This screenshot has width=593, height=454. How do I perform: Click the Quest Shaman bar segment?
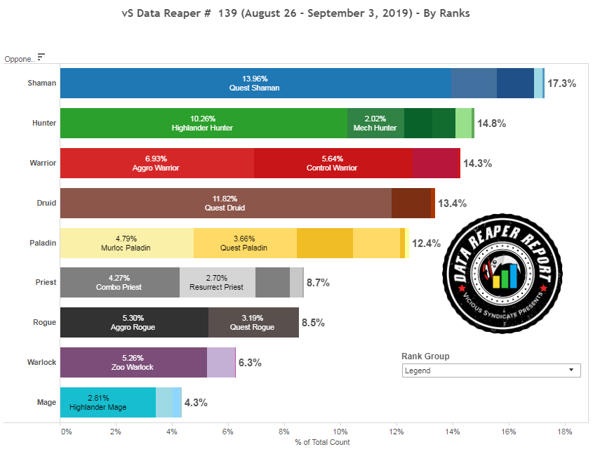[x=255, y=83]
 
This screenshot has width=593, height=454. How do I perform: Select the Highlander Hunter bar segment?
[x=203, y=123]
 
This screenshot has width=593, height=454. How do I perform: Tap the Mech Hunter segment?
[x=375, y=123]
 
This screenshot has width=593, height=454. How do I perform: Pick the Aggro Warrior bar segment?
[x=156, y=163]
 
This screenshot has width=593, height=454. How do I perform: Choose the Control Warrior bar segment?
[x=333, y=163]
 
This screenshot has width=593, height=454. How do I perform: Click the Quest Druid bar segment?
[x=225, y=203]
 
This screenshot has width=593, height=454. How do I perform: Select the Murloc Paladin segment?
[x=127, y=243]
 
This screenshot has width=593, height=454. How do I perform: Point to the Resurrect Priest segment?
[x=217, y=283]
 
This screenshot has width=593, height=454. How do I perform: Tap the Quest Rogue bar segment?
[x=253, y=323]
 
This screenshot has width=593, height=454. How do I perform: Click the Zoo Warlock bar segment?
[x=133, y=363]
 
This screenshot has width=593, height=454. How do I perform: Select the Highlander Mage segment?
[x=107, y=403]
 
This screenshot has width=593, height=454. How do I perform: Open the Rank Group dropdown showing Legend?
[x=491, y=370]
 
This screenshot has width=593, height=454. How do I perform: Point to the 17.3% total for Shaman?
[x=561, y=84]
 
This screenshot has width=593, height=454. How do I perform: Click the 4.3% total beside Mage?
[x=196, y=403]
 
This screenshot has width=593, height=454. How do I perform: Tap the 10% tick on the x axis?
[x=340, y=431]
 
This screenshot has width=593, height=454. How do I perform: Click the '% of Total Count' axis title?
[x=323, y=442]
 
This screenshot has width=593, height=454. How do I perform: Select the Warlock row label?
[x=42, y=363]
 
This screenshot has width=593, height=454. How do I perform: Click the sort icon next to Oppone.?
[x=41, y=57]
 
